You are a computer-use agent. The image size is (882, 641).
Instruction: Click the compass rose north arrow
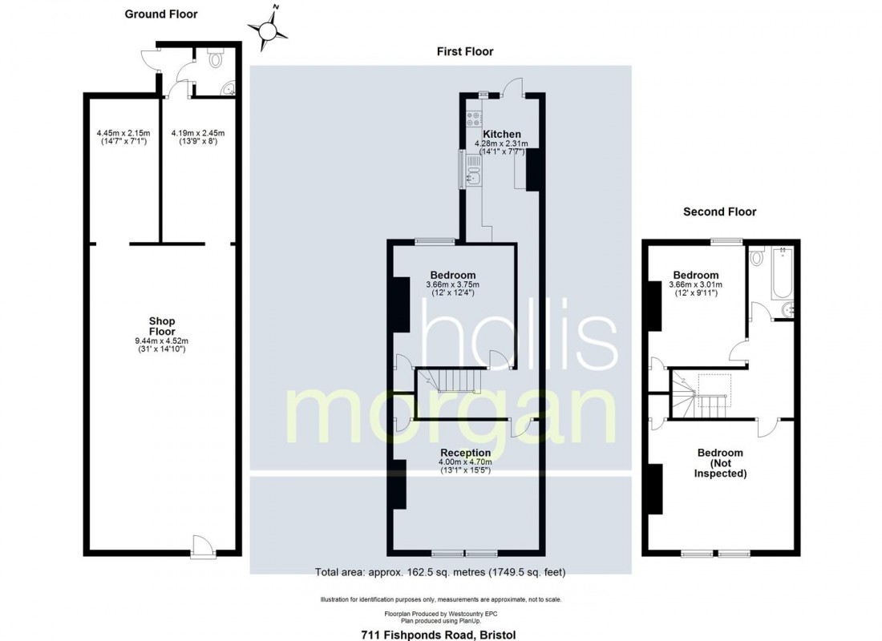[x=268, y=27]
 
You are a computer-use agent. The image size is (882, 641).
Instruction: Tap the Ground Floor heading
[x=161, y=14]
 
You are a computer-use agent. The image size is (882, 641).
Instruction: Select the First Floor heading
[x=465, y=52]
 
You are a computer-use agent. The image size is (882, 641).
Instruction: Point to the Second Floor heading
[x=719, y=212]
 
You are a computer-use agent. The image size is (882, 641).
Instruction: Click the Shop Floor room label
[x=162, y=326]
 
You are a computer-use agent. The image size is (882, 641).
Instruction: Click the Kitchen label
[x=502, y=134]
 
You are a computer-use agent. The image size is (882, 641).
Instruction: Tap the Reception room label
[x=465, y=453]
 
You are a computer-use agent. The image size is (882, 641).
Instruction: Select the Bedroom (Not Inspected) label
[x=720, y=463]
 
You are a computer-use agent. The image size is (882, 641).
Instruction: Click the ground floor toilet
[x=216, y=58]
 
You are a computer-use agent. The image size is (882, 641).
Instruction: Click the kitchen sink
[x=472, y=177]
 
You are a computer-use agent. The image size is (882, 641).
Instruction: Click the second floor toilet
[x=758, y=257]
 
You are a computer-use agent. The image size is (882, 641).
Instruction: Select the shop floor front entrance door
[x=202, y=547]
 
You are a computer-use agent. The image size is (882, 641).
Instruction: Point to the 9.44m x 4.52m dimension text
[x=161, y=341]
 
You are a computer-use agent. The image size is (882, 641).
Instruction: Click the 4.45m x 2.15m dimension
[x=123, y=133]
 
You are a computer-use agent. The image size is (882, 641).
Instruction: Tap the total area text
[x=440, y=572]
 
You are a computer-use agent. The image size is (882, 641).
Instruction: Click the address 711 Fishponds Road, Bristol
[x=438, y=635]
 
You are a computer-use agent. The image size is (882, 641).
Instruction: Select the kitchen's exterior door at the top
[x=514, y=88]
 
